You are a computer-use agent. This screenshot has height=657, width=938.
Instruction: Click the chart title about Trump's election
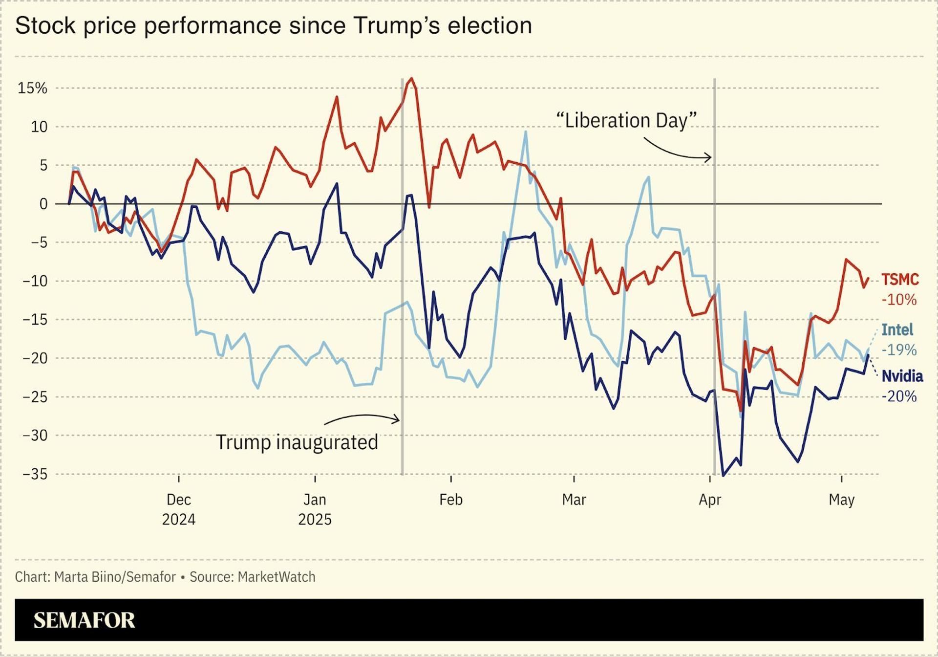pyautogui.click(x=274, y=25)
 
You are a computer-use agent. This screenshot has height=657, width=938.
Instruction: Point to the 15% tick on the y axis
pyautogui.click(x=32, y=88)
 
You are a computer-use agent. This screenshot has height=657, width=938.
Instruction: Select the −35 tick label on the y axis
pyautogui.click(x=35, y=474)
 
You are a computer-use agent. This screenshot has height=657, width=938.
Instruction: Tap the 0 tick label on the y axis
pyautogui.click(x=43, y=204)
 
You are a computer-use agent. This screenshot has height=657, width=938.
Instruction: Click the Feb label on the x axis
pyautogui.click(x=450, y=500)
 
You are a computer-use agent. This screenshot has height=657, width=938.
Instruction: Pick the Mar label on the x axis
pyautogui.click(x=574, y=500)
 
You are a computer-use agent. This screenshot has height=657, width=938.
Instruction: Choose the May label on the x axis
pyautogui.click(x=841, y=500)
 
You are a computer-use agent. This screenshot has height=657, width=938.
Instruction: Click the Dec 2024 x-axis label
pyautogui.click(x=179, y=509)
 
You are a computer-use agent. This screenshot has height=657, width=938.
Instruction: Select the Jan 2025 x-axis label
pyautogui.click(x=315, y=509)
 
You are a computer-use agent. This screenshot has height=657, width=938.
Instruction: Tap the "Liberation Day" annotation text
pyautogui.click(x=626, y=120)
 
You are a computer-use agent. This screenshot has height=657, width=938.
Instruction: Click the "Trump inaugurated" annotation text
pyautogui.click(x=297, y=442)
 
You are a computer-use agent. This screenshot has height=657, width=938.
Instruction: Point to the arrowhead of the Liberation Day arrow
pyautogui.click(x=709, y=157)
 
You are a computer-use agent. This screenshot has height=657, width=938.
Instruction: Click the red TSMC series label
pyautogui.click(x=900, y=280)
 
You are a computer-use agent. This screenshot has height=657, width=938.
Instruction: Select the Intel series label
pyautogui.click(x=897, y=330)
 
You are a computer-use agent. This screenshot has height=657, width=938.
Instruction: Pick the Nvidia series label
pyautogui.click(x=902, y=376)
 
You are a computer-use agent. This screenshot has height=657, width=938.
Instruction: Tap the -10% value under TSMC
pyautogui.click(x=899, y=300)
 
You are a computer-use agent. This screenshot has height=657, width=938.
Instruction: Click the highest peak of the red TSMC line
pyautogui.click(x=412, y=78)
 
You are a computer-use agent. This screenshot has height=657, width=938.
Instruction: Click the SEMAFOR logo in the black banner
pyautogui.click(x=84, y=620)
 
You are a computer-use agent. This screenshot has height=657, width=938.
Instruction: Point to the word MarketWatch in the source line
pyautogui.click(x=277, y=577)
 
